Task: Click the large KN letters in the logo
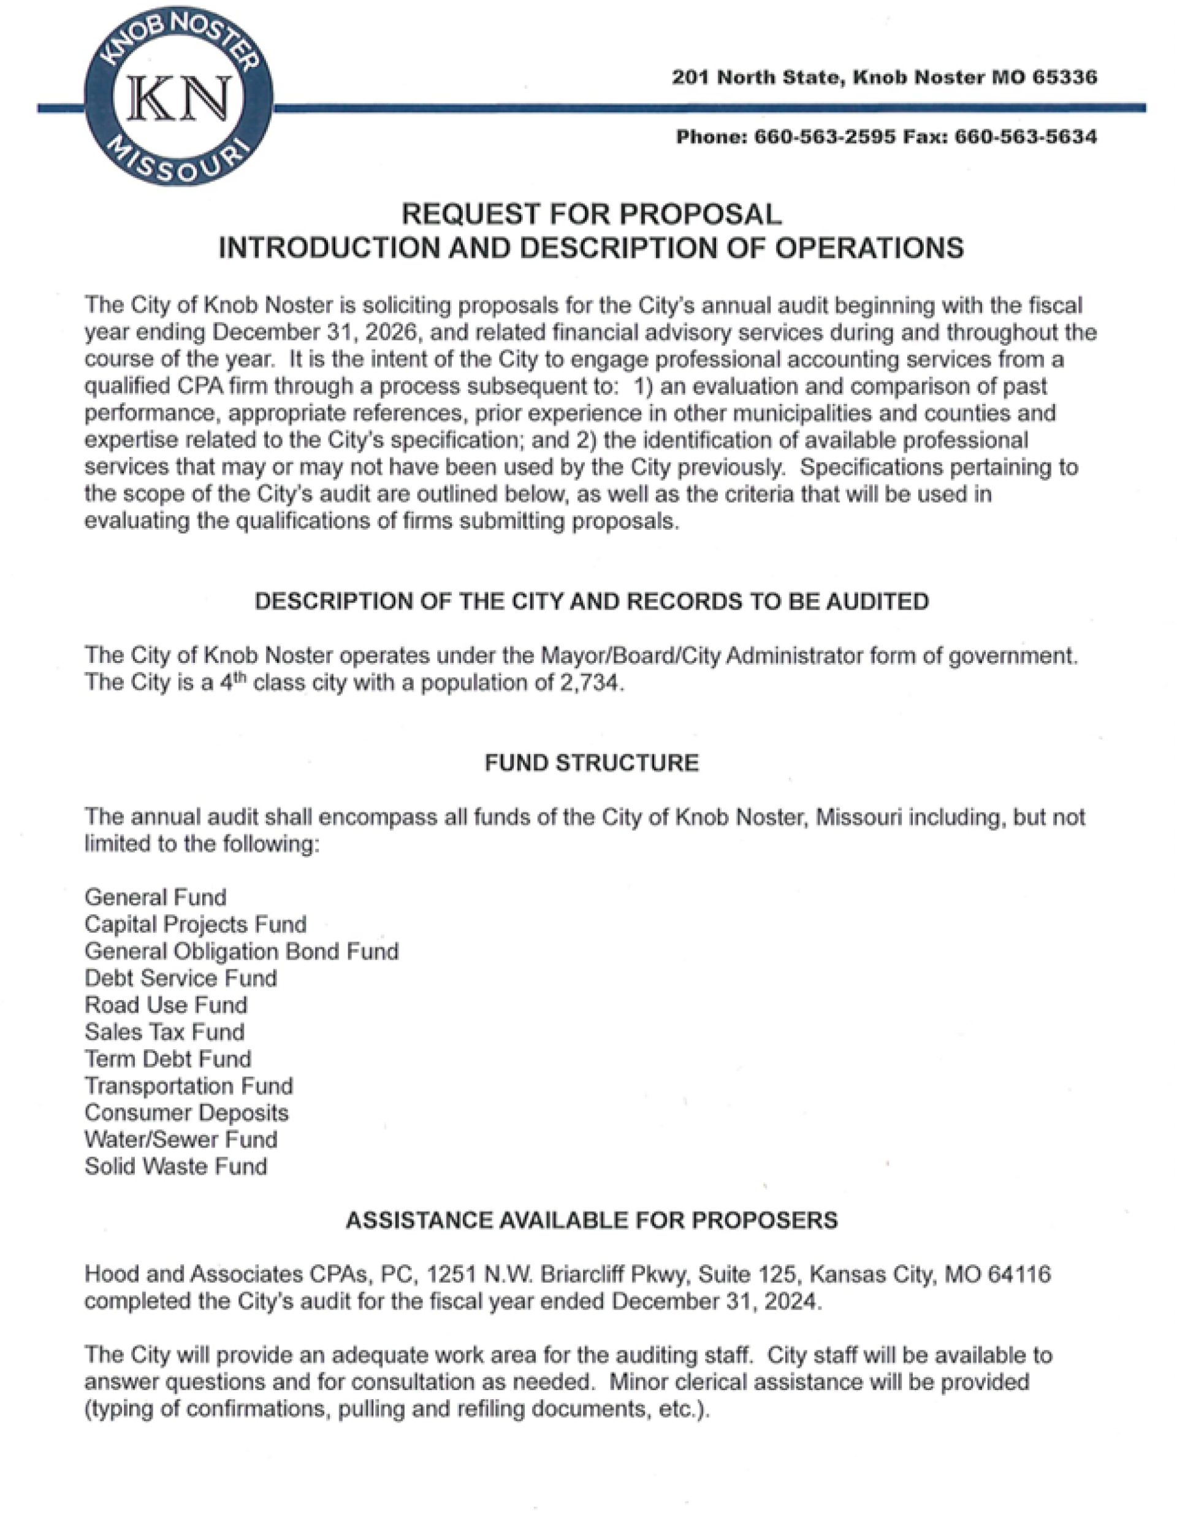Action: point(180,99)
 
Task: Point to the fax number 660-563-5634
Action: point(1025,137)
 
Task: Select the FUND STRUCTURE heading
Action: point(592,763)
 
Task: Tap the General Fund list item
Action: point(155,897)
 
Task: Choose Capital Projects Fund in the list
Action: point(196,925)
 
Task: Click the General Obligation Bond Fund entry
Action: point(242,951)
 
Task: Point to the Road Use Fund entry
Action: point(166,1005)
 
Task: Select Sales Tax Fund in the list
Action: point(165,1032)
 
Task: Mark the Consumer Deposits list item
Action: point(186,1113)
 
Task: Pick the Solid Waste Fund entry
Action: point(176,1167)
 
